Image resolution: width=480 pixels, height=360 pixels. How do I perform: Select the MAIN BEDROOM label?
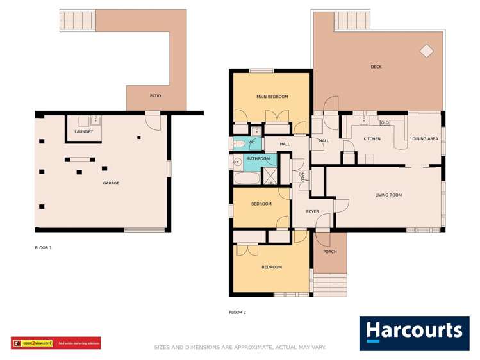point(272,97)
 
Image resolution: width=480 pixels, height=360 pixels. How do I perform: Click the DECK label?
point(376,67)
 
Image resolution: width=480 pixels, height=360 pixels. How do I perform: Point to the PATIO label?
point(155,96)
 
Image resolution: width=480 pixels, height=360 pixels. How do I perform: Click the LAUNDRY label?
point(84,132)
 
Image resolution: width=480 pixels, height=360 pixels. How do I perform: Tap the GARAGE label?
point(111,183)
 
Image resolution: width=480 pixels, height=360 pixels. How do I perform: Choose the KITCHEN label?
point(372,138)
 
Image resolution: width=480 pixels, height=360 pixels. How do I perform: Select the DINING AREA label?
point(425,138)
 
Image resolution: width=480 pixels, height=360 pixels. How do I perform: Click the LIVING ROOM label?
point(388,195)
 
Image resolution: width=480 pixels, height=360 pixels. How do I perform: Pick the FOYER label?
point(312,211)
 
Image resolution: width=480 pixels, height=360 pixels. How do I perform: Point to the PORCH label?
point(329,252)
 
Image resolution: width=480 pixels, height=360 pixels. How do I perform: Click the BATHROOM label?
point(258,158)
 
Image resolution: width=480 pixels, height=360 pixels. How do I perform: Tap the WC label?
point(252,142)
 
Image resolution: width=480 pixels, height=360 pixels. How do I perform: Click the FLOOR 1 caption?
point(43,247)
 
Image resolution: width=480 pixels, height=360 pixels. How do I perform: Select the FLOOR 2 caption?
point(237,313)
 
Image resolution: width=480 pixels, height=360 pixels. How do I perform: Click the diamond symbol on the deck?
point(426,50)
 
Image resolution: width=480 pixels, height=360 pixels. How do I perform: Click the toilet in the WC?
point(237,143)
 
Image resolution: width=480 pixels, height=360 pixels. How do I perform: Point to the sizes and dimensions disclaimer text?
point(240,348)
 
